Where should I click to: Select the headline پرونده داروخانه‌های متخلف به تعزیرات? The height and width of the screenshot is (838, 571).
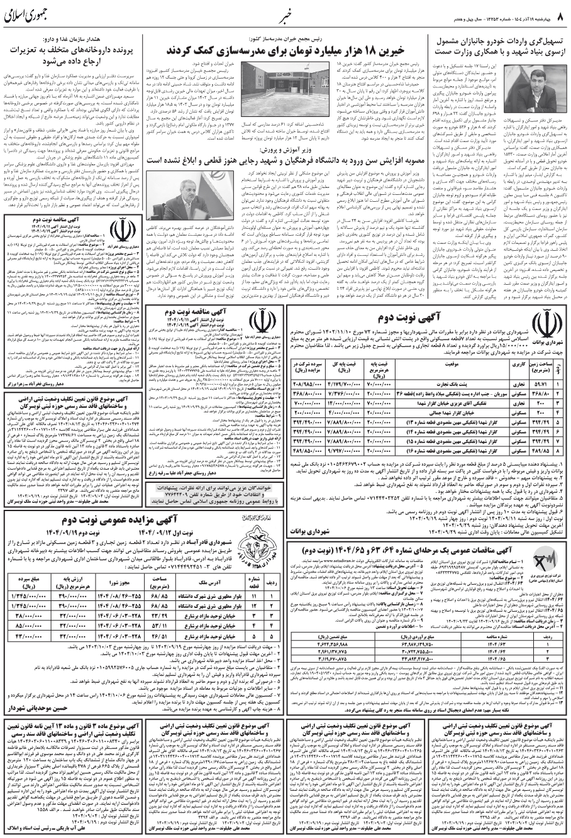[74, 55]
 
